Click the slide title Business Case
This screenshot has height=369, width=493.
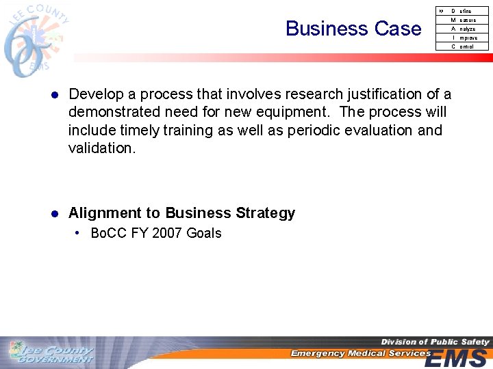353,29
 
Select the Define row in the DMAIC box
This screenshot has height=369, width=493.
462,12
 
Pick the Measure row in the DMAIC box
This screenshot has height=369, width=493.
462,20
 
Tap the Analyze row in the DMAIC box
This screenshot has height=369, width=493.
462,29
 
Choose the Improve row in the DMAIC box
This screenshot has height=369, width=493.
462,38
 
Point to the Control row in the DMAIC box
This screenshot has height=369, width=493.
462,47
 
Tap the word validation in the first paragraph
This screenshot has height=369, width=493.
102,148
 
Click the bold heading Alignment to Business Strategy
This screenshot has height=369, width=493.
181,213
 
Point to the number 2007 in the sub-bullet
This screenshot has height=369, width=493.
167,234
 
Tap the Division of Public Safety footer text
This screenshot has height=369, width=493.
435,342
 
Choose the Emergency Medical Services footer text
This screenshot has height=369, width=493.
360,353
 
